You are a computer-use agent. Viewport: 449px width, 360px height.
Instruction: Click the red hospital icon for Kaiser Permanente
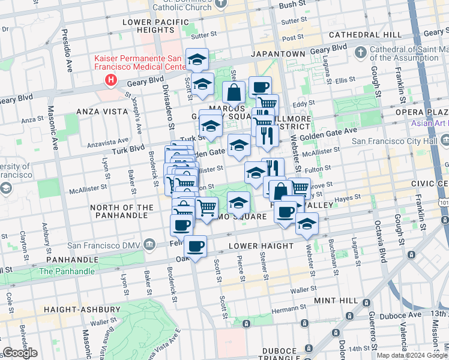[110, 79]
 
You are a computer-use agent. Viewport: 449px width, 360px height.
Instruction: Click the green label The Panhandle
[67, 271]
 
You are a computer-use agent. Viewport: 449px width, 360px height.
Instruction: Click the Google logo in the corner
[20, 353]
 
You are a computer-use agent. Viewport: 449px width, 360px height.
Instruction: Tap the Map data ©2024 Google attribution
[412, 355]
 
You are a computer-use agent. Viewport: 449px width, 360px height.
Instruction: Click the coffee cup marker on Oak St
[195, 247]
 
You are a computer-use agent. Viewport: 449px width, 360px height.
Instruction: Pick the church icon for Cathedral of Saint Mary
[360, 53]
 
